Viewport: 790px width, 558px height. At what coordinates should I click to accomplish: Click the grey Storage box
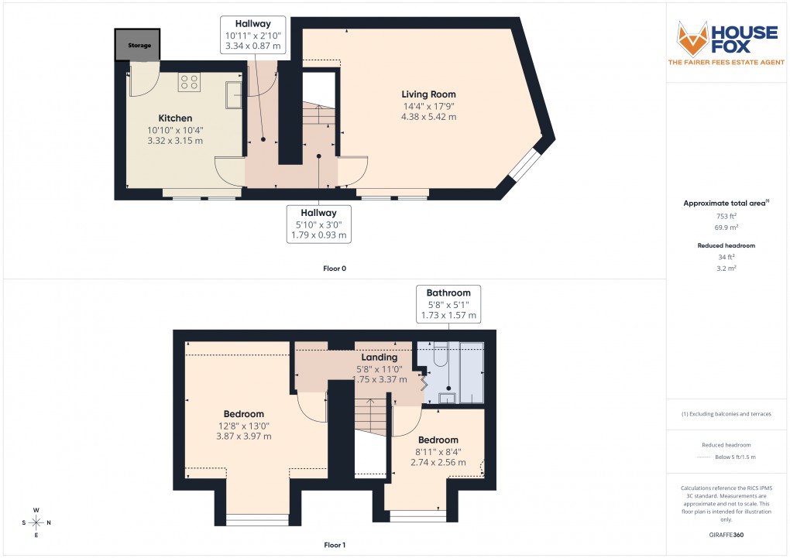coord(139,46)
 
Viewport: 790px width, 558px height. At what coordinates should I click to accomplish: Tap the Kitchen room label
coord(175,118)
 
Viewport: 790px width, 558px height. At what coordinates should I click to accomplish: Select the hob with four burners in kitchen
coord(189,82)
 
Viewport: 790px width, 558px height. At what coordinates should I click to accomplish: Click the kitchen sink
coord(233,95)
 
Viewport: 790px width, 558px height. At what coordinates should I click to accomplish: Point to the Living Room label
coord(428,94)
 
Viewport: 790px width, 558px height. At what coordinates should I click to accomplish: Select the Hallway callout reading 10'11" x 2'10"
coord(253,36)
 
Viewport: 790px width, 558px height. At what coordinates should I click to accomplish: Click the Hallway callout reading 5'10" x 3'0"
coord(319,224)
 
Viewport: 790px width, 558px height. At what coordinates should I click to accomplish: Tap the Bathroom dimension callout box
coord(448,304)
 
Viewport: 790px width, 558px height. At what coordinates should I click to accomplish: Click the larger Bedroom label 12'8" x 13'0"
coord(244,414)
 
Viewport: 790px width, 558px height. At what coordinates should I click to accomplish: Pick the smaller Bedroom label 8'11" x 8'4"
coord(438,440)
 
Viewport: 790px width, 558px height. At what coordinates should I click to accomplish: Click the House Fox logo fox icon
coord(693,38)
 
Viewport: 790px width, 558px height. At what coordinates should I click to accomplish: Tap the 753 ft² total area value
coord(725,217)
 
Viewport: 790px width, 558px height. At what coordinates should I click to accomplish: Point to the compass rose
coord(36,522)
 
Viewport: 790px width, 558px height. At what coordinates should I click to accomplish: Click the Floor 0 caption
coord(335,269)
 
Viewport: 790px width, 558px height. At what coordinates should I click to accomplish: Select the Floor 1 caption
coord(335,545)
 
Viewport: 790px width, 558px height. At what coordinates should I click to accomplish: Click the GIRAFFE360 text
coord(725,534)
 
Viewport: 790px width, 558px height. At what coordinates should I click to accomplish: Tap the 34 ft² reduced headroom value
coord(725,257)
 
